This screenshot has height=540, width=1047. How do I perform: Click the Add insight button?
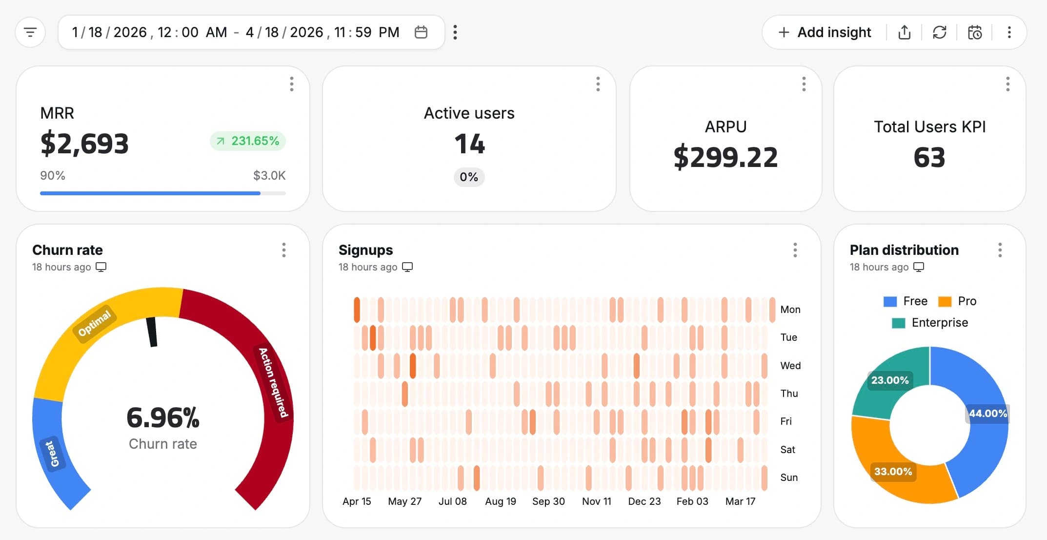pos(825,32)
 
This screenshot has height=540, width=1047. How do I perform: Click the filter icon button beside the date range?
pos(30,33)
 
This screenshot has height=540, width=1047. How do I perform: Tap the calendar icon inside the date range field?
pos(421,32)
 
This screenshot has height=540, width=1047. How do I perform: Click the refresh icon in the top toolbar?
pos(939,32)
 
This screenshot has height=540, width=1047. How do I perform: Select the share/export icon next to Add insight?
pos(904,32)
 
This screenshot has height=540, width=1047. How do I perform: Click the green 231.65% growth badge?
pos(248,141)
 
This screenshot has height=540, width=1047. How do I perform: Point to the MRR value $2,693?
pos(84,144)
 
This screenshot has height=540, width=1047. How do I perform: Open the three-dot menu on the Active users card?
pos(598,84)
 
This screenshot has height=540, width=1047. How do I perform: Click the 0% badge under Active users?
pos(469,177)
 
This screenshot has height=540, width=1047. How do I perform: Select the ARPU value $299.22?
pos(725,157)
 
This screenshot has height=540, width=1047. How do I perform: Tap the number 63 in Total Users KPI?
pos(929,157)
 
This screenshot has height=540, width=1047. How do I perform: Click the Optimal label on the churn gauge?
pos(95,324)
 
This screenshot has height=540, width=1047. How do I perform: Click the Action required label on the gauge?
pos(273,382)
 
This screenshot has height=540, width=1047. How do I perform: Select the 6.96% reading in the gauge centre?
pos(163,418)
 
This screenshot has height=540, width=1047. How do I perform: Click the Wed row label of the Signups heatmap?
pos(790,366)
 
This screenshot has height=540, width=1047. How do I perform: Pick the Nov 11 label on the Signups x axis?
pos(596,501)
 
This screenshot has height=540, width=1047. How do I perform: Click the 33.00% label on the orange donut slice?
pos(893,472)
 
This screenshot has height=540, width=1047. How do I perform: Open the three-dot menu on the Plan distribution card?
pos(1000,250)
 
